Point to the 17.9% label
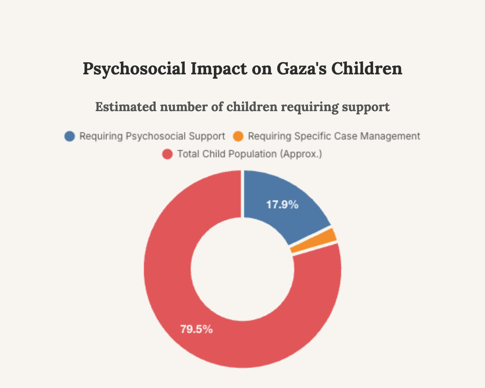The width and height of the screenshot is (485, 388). tap(282, 205)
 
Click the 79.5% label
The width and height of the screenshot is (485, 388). tap(196, 329)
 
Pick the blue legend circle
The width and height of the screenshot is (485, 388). tap(70, 136)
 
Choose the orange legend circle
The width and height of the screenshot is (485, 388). tap(238, 136)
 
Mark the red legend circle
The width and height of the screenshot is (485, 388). tap(167, 154)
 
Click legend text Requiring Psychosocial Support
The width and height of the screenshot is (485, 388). tap(152, 136)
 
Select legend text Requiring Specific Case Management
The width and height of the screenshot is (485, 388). tap(334, 136)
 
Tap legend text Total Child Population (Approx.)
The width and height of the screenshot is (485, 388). tap(249, 154)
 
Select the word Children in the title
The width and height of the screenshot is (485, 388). tap(367, 69)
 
